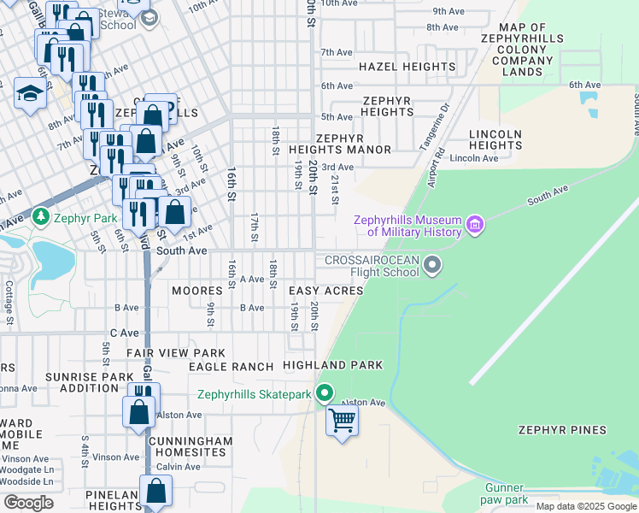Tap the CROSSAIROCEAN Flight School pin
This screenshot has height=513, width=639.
point(432,265)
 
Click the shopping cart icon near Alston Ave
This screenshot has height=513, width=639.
point(342,421)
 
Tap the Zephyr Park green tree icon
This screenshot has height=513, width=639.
point(40,218)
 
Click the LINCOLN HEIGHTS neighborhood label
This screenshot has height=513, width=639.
point(495,140)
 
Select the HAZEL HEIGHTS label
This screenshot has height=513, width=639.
point(407,67)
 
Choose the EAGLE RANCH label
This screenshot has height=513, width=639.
point(230,367)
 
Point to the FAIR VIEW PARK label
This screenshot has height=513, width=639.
point(176,353)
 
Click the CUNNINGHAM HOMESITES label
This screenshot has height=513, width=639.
point(190,446)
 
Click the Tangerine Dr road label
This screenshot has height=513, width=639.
point(434,127)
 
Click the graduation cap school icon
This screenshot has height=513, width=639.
point(30,94)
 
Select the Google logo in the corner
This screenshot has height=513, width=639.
point(28,503)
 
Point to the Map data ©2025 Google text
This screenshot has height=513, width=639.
point(584,506)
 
